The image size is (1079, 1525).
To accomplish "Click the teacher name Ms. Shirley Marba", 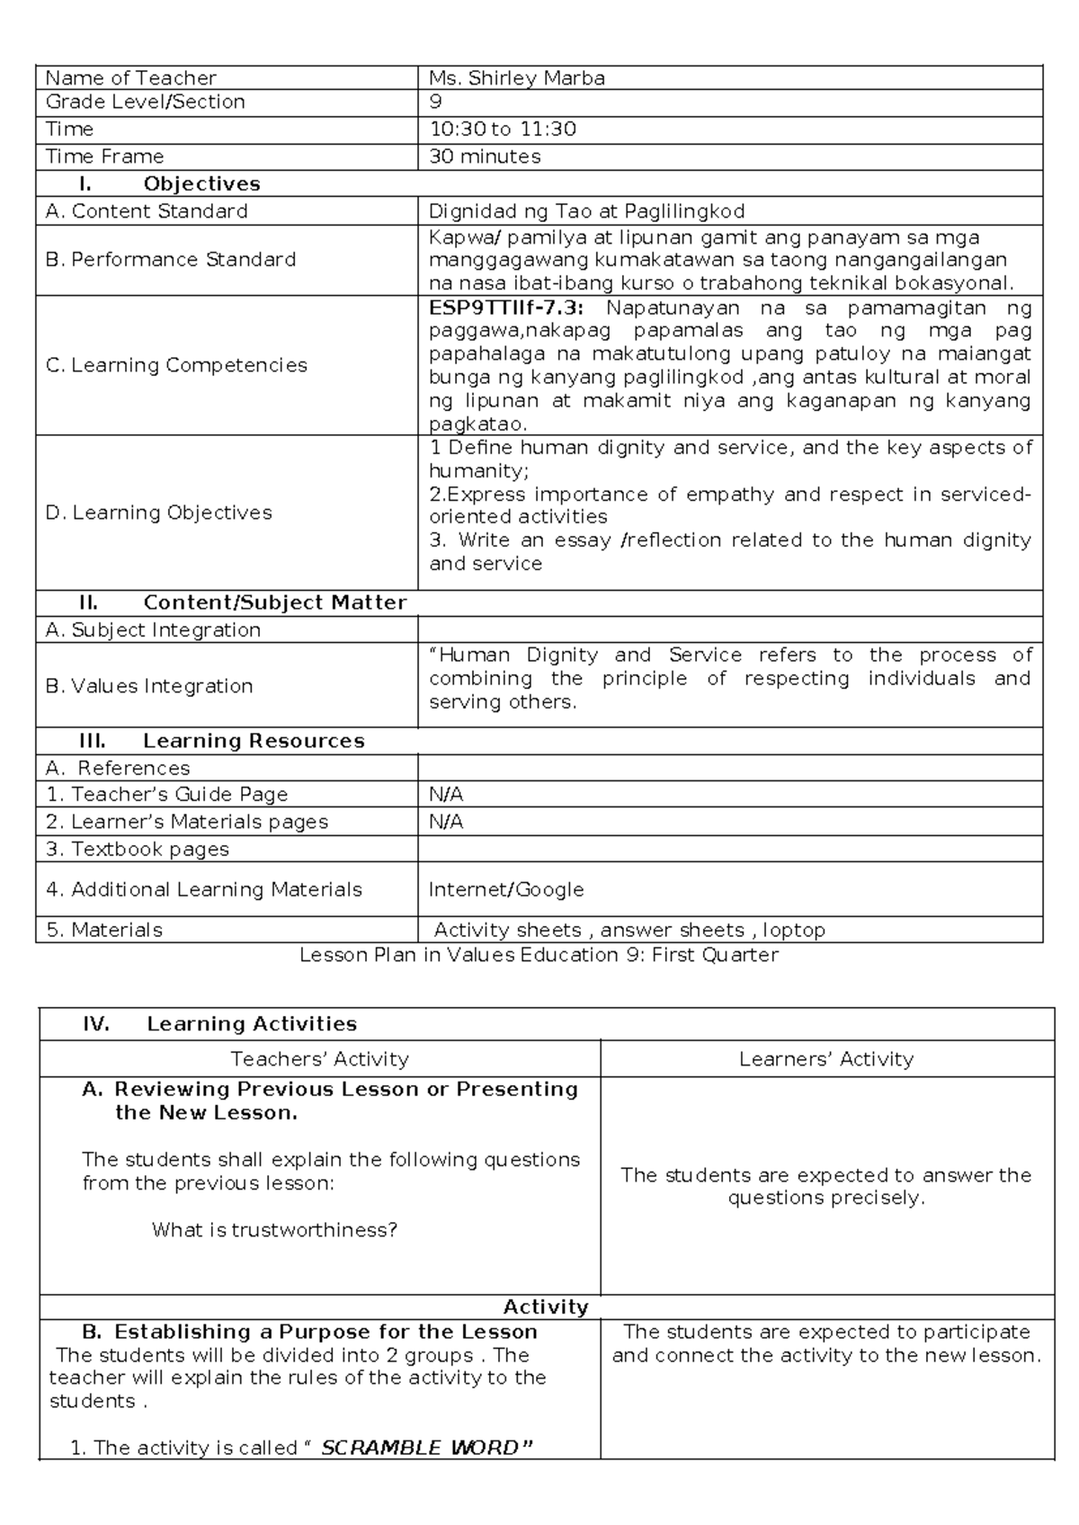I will (x=517, y=78).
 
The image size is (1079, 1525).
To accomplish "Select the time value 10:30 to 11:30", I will (x=503, y=129).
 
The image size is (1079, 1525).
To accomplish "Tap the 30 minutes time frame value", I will (x=485, y=156).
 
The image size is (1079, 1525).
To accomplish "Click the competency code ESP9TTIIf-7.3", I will (x=505, y=308).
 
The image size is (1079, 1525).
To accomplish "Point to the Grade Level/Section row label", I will (x=146, y=102).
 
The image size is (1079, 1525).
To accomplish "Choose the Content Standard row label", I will (x=147, y=211).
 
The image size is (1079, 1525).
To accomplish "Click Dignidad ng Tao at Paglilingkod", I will (x=587, y=211).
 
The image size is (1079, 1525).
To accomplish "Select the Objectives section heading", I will (x=201, y=184).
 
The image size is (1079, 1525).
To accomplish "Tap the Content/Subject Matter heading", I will (x=274, y=602).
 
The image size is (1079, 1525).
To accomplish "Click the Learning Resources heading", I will (x=253, y=741).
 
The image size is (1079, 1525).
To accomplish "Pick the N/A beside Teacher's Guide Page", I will (x=446, y=795).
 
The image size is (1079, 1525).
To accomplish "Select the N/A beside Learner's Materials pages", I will (x=446, y=822).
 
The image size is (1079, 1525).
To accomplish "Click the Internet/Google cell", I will (x=506, y=889).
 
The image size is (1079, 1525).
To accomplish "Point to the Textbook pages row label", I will (x=138, y=849).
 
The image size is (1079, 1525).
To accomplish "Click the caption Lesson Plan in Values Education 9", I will (x=539, y=955).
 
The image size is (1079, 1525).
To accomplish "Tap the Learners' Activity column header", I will (x=826, y=1059).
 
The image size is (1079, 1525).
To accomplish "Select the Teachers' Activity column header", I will (x=319, y=1059).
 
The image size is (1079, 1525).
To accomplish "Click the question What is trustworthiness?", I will (x=274, y=1229).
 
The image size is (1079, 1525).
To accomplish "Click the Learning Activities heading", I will (x=252, y=1024).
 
